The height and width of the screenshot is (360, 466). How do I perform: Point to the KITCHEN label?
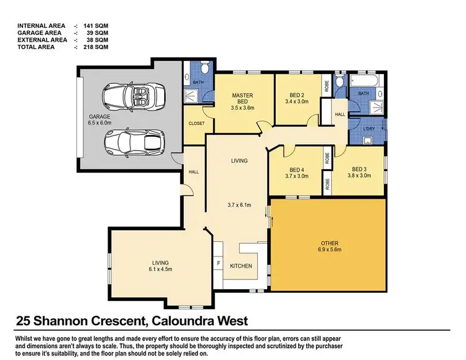point(241,266)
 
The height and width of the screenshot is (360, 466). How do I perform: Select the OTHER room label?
point(329,242)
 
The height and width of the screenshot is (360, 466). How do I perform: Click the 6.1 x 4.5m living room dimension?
point(161,270)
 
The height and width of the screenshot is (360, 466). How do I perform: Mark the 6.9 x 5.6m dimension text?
point(329,251)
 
